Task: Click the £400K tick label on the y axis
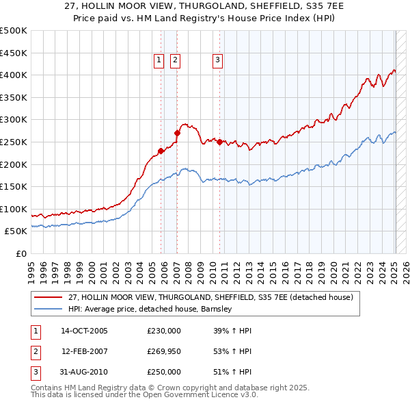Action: coord(14,75)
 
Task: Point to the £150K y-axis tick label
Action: coord(14,186)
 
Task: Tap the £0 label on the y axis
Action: coord(22,253)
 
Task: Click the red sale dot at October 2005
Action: coord(161,151)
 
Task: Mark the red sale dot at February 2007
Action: coord(177,133)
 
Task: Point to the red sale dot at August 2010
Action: coord(219,142)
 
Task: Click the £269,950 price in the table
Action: coord(164,351)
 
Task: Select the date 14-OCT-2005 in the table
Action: coord(84,331)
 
